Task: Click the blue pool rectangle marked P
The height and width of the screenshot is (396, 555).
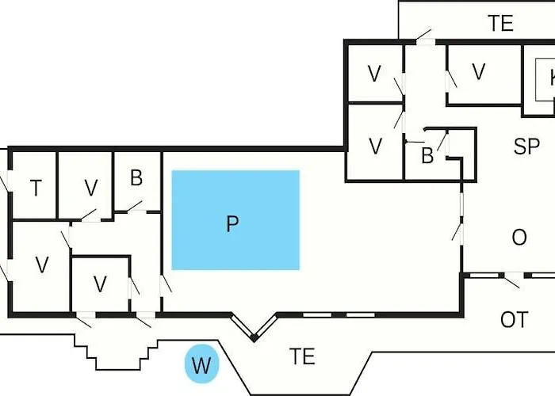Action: point(235,220)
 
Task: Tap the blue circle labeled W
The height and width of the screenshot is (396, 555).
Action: point(202,366)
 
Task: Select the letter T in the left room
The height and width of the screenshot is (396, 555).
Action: point(36,188)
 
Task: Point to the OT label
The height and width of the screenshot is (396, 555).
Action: point(514,320)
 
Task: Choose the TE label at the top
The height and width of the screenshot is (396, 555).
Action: point(500,24)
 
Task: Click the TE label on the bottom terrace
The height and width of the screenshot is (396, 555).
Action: point(302,356)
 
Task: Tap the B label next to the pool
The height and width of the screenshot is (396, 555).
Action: point(136,178)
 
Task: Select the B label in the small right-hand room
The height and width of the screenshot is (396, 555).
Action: point(427,156)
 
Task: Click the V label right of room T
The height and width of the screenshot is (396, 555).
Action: point(91,188)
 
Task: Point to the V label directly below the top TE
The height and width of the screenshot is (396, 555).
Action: point(478,72)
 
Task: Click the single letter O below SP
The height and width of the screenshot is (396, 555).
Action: point(519,238)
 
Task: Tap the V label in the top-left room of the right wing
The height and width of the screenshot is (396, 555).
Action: point(375,74)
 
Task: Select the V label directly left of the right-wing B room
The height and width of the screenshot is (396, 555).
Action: point(375,147)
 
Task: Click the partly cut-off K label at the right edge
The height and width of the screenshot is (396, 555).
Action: point(550,79)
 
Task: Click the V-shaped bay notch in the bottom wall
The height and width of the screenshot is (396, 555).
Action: point(254,329)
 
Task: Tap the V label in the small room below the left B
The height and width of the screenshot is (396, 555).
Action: point(100,283)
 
